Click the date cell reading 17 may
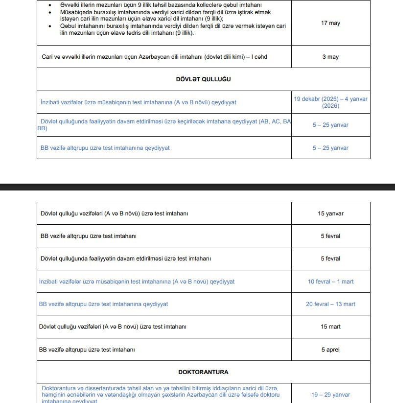(x=330, y=23)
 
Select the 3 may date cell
(x=330, y=57)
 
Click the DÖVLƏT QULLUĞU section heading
(x=203, y=79)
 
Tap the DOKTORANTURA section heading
(x=203, y=372)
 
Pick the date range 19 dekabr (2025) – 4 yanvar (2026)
(x=330, y=102)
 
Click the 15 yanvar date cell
(x=330, y=213)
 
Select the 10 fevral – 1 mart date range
(x=330, y=282)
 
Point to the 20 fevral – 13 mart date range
(x=330, y=304)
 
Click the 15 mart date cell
(x=330, y=327)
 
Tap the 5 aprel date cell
(x=330, y=350)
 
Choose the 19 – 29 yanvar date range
(x=330, y=395)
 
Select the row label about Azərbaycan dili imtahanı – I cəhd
(x=154, y=57)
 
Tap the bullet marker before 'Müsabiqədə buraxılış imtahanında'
(x=50, y=12)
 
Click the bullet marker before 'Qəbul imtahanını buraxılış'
(x=50, y=26)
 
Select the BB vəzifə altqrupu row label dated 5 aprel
(x=88, y=350)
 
